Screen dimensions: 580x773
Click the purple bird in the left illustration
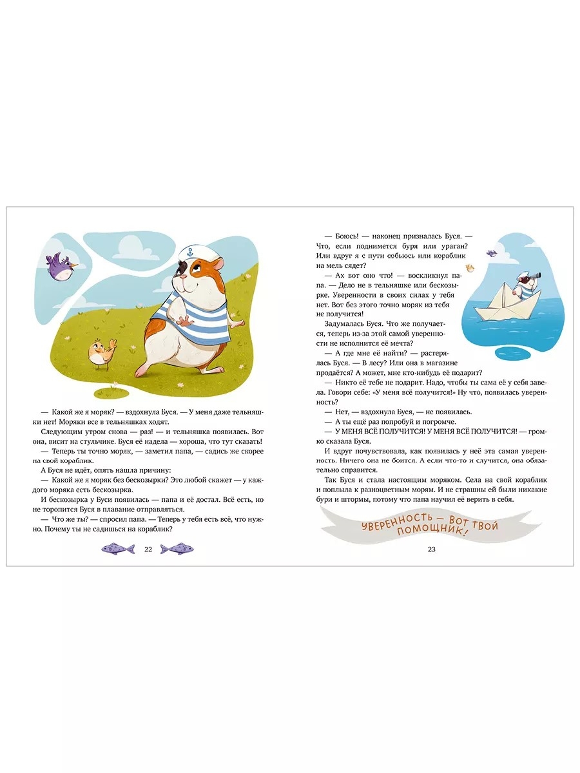coord(61,266)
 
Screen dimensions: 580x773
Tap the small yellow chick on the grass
coord(102,354)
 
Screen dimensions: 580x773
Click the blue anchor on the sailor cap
coord(191,251)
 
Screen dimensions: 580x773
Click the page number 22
coord(148,549)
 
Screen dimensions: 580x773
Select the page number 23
coord(431,549)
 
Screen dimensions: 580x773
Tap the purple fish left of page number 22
coord(118,549)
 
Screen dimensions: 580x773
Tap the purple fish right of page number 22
coord(177,549)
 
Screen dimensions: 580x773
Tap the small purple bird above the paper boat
coord(492,253)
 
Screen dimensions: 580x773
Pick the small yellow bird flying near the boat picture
coord(469,268)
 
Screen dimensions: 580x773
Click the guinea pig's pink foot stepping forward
coord(142,370)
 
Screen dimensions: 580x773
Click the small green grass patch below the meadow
coord(111,392)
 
